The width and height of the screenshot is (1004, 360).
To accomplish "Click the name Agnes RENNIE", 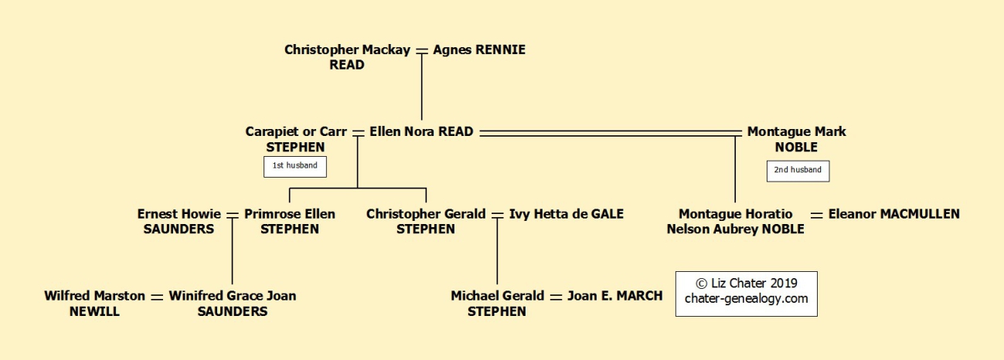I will (479, 49).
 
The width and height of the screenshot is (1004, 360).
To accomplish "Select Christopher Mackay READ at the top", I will (347, 57).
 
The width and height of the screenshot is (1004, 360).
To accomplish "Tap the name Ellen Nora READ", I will (421, 131).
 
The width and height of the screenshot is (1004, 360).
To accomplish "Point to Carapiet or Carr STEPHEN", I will (296, 139).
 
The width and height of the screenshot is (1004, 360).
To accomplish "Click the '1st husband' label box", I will (295, 166).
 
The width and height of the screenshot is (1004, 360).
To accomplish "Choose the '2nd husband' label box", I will (798, 170).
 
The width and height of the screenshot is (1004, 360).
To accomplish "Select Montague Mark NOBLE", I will (796, 139).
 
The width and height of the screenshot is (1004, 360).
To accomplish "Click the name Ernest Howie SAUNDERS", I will (179, 221).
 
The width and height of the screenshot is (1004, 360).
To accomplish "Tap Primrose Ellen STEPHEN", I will (290, 221).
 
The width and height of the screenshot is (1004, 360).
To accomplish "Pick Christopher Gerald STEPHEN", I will (426, 221).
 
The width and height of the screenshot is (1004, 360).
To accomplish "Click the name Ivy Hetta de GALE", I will (566, 214).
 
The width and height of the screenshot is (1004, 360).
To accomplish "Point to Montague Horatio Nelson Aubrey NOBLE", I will (736, 221).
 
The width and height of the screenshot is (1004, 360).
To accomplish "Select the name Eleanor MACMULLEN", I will (893, 214).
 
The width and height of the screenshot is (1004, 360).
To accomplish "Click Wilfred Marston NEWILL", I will (94, 303).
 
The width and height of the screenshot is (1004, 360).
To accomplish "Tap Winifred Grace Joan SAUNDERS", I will (233, 303).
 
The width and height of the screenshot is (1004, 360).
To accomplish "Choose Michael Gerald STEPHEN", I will (497, 303).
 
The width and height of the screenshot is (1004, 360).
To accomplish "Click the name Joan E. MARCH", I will (614, 295).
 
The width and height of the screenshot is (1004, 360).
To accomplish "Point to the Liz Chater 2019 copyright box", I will (746, 294).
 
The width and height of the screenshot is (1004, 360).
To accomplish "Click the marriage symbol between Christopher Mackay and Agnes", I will (422, 49).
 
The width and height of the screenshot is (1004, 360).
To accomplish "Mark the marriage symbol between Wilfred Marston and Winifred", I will (157, 296).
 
